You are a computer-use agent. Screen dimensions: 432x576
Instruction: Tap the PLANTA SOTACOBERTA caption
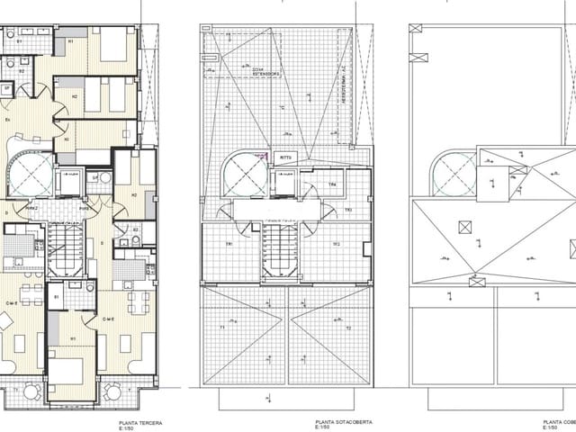click(x=339, y=420)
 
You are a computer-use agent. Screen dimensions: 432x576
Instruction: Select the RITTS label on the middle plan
click(x=287, y=157)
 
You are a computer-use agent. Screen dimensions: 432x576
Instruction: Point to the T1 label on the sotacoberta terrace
click(x=222, y=328)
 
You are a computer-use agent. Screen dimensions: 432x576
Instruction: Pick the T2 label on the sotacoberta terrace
click(x=347, y=328)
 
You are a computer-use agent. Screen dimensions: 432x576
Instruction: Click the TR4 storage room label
click(x=332, y=185)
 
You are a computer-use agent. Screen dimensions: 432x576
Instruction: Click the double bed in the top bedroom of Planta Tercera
click(x=112, y=45)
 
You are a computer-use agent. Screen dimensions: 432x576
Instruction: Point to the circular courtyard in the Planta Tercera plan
click(x=31, y=171)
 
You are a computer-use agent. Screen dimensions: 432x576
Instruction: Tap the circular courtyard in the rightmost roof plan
click(x=454, y=172)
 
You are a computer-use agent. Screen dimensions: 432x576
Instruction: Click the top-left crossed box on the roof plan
click(x=415, y=28)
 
